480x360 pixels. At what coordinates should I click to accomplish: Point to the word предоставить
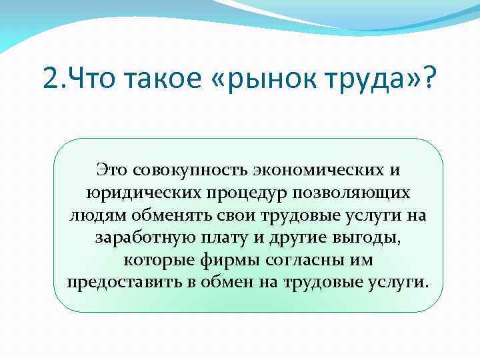point(124,281)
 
